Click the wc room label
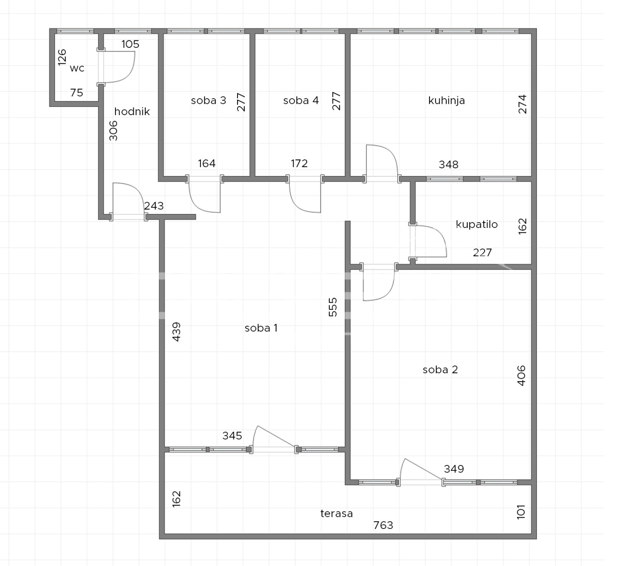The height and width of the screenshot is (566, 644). point(77,68)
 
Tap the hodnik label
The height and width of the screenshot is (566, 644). point(132,112)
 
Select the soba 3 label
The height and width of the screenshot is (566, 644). point(208,100)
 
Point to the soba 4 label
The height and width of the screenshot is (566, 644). point(301,100)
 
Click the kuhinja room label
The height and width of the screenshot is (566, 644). point(446,100)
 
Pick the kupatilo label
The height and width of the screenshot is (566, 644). point(477,224)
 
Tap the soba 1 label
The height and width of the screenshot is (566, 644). point(261,328)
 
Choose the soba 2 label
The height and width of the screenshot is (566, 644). point(440,370)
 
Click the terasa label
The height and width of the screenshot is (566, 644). point(336,513)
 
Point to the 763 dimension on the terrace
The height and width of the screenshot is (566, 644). point(383,525)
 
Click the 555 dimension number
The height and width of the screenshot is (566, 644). point(333,307)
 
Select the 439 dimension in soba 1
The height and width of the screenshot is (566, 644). point(176,332)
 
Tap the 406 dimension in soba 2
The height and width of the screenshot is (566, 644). point(521,376)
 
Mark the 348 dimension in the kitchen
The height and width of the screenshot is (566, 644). point(448,164)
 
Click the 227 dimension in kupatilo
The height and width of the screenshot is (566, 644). point(482,252)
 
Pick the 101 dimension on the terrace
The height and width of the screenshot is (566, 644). point(521,512)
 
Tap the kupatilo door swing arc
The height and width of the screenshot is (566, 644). point(439,235)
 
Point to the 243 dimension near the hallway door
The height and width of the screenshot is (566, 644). point(154,206)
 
